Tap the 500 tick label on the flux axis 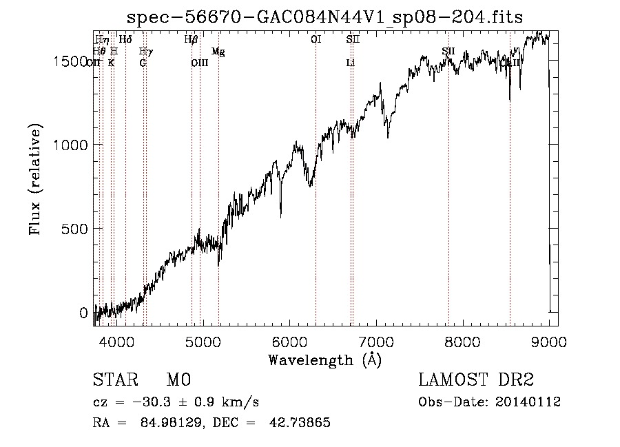[78, 229]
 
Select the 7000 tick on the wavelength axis [376, 340]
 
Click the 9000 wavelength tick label [549, 340]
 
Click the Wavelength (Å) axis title [324, 360]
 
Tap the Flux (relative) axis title [36, 179]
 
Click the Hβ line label [191, 40]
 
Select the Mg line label [218, 52]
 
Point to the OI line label [316, 40]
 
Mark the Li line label [351, 63]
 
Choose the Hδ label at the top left [125, 40]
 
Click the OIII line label [199, 63]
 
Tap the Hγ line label [145, 52]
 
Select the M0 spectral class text [178, 381]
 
